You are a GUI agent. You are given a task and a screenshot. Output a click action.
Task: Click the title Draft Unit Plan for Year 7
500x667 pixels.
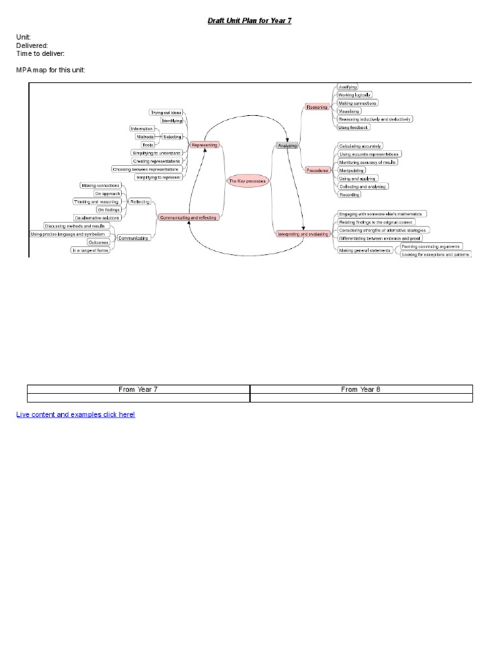point(250,21)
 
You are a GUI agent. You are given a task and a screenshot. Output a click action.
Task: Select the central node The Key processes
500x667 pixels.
point(247,180)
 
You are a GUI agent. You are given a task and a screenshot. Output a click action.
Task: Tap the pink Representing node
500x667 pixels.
point(204,145)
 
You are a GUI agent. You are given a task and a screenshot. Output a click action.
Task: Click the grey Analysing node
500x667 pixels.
point(287,146)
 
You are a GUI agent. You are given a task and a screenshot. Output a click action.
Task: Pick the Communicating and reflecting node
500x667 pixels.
point(188,217)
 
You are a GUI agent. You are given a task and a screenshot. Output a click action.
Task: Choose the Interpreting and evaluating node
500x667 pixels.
point(303,233)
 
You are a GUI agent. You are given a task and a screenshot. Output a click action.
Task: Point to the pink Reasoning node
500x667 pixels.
point(317,106)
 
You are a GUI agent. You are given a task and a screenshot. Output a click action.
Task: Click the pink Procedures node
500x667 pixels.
point(317,170)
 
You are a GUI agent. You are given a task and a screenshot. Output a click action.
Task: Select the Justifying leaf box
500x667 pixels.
point(347,87)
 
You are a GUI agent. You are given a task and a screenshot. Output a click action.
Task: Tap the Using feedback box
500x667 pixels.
point(354,127)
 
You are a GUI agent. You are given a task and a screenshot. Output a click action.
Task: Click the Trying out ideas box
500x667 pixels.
point(166,113)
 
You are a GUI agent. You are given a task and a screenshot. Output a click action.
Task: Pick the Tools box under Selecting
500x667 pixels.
point(148,145)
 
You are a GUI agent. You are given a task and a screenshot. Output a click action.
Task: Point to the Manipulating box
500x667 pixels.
point(352,170)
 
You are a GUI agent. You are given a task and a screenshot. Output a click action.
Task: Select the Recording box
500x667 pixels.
point(349,194)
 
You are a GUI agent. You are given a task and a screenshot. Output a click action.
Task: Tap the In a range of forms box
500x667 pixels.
point(90,250)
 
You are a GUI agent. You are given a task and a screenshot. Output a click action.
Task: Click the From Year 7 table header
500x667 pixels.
point(138,390)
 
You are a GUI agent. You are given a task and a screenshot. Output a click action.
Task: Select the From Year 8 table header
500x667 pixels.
point(361,390)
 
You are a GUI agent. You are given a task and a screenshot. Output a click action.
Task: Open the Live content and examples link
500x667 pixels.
point(76,414)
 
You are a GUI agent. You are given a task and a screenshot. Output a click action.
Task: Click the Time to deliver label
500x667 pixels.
point(40,53)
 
